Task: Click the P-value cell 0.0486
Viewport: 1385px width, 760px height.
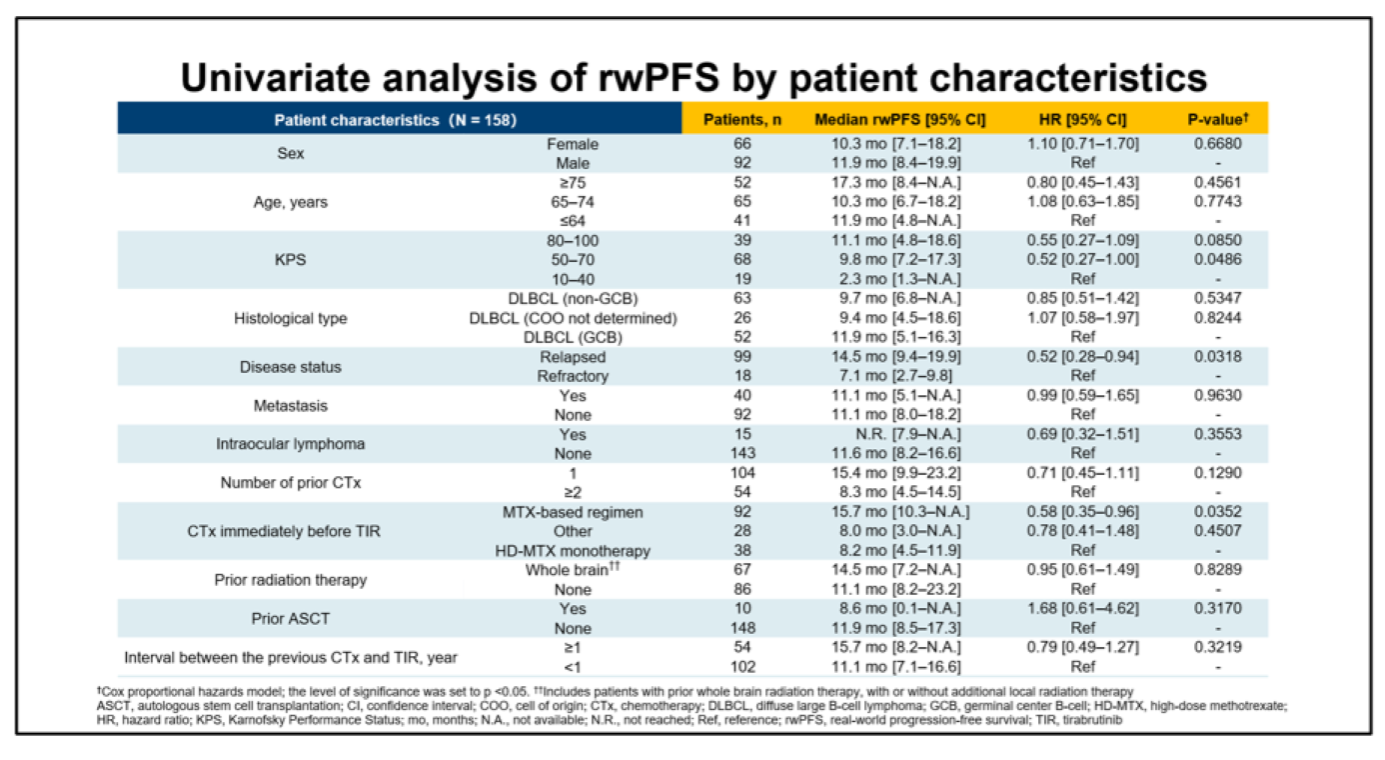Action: [1211, 260]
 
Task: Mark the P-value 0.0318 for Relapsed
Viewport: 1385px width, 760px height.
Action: [1211, 357]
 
